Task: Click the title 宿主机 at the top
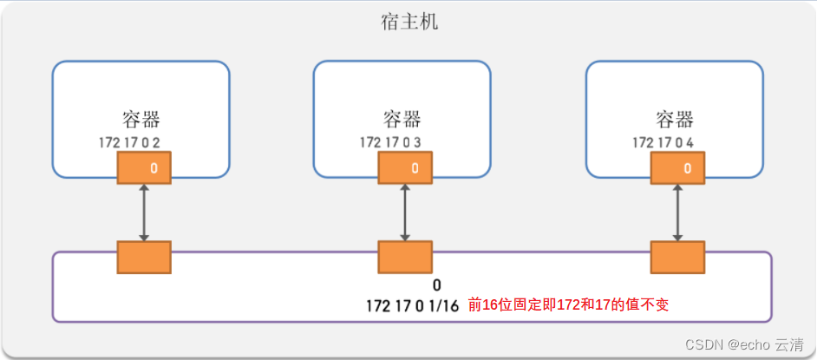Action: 409,21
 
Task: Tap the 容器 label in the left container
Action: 141,120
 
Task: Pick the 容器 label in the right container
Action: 675,120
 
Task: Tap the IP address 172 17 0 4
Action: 663,141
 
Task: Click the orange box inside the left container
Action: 144,167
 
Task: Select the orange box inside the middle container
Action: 404,167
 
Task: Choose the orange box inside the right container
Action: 678,167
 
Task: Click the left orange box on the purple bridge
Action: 144,258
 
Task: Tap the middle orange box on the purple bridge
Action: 404,258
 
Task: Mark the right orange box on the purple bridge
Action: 678,258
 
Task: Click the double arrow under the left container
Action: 144,213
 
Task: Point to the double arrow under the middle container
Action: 404,213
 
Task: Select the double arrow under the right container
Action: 678,213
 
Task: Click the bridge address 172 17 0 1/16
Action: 412,305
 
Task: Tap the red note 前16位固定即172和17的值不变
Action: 568,305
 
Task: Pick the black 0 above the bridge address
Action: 437,285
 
